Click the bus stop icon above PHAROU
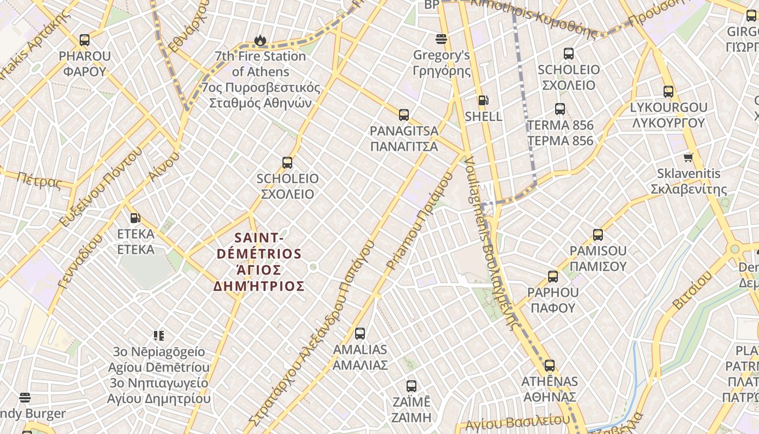(85, 40)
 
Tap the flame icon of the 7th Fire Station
(260, 40)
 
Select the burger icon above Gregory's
(441, 39)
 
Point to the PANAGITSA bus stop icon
(404, 114)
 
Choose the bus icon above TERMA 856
(560, 109)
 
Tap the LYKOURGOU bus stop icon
(668, 92)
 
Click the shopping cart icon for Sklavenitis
(689, 158)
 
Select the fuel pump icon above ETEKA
(135, 218)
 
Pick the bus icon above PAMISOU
(598, 235)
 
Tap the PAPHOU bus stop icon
(553, 277)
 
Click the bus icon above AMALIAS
(360, 334)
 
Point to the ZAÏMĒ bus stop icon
(411, 386)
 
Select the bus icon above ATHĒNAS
(550, 366)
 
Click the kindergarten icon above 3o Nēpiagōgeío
(158, 336)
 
